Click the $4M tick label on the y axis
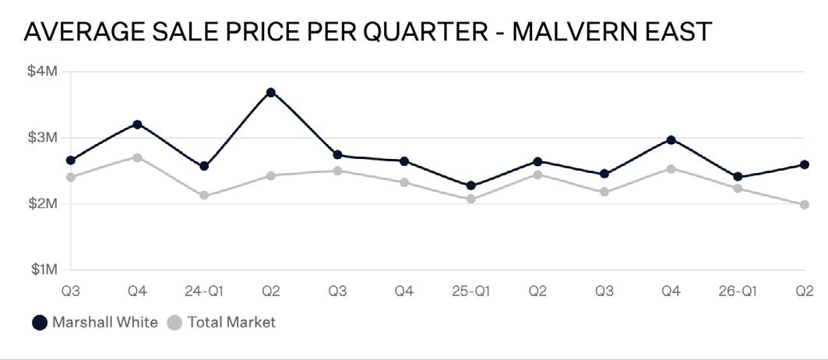[x=42, y=71]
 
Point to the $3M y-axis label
[x=42, y=137]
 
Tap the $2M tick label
[x=42, y=203]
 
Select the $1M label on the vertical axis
[x=42, y=270]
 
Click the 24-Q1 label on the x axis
[x=204, y=291]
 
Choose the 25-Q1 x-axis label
[x=470, y=291]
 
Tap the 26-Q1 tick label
[x=737, y=291]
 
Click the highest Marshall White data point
[x=271, y=93]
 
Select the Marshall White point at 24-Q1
[x=204, y=166]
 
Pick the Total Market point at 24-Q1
[x=204, y=196]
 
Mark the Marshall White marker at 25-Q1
[x=471, y=185]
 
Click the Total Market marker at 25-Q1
[x=471, y=199]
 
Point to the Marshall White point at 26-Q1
[x=738, y=177]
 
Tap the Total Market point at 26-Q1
[x=738, y=189]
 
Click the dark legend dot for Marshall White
[x=40, y=323]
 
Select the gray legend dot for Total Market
[x=174, y=323]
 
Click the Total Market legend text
[x=231, y=322]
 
